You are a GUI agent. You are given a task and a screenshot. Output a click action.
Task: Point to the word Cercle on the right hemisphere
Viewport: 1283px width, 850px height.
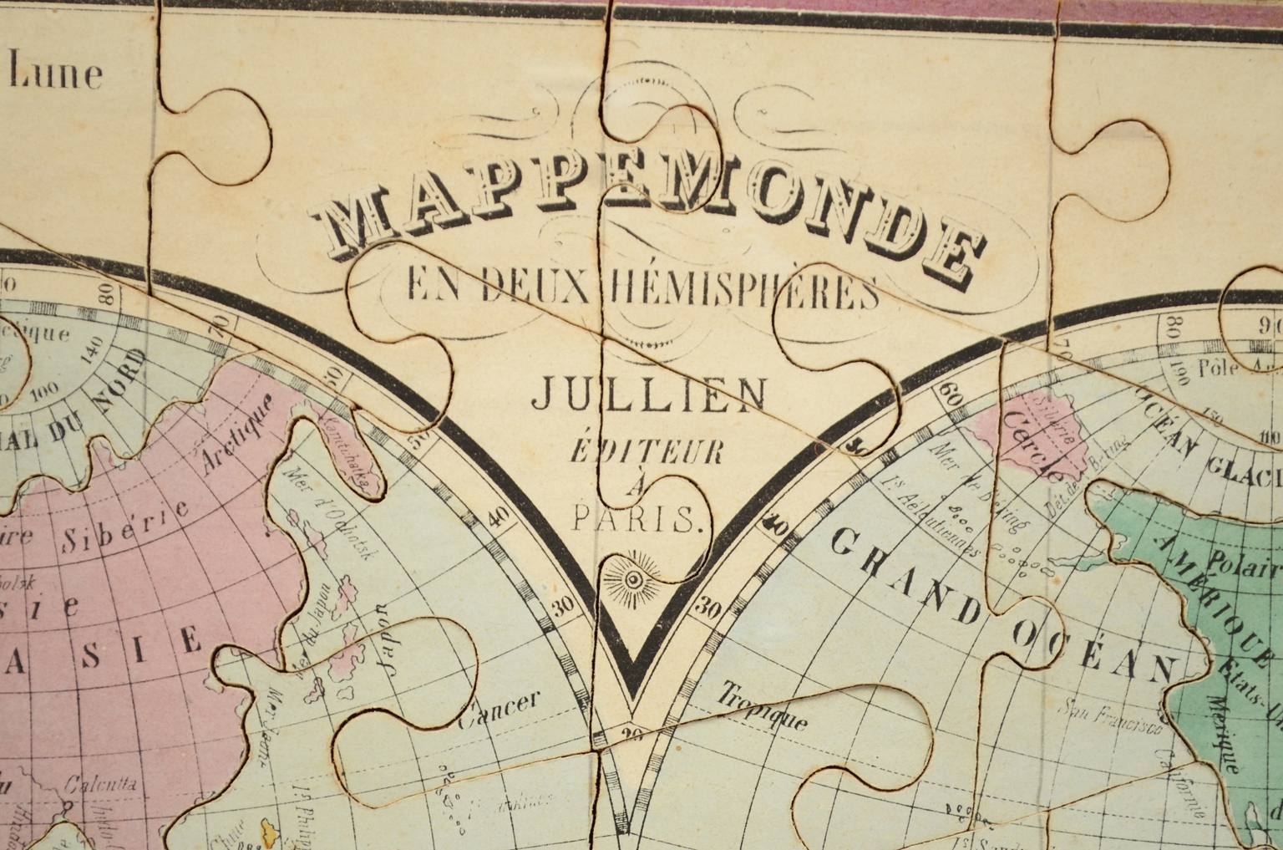point(1036,448)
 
